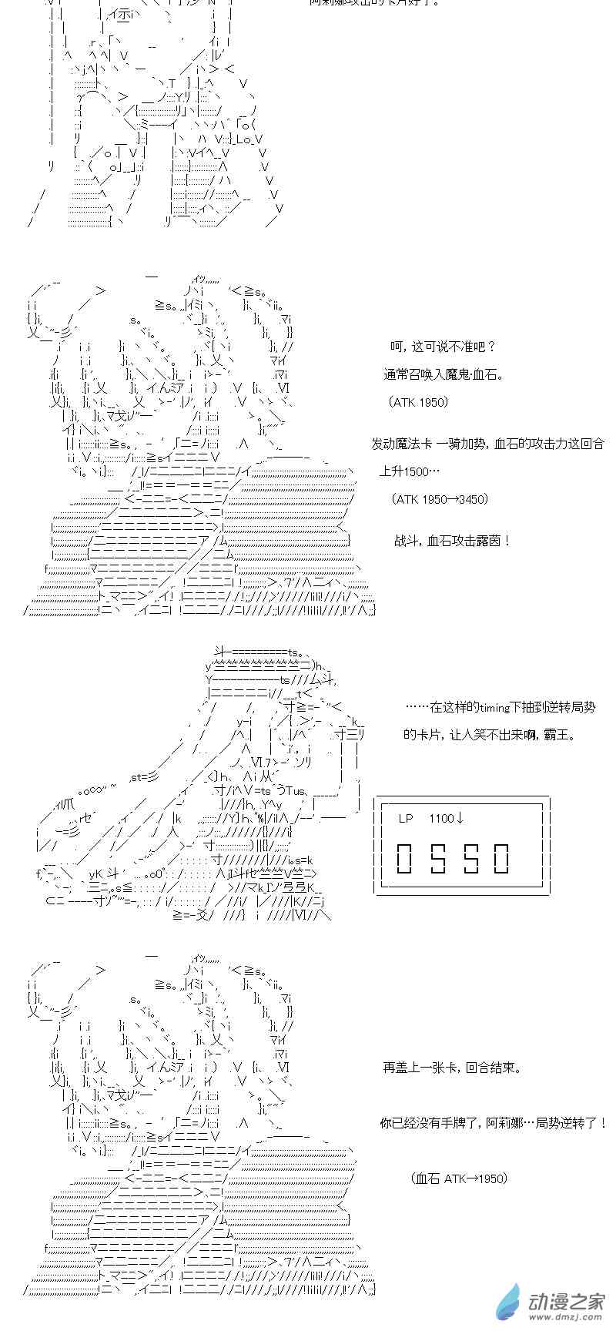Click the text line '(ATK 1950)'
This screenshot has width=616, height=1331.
pos(418,402)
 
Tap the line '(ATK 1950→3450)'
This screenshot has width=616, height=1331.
pos(440,499)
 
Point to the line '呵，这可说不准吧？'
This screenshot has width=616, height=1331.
pos(443,347)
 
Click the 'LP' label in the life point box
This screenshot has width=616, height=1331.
pos(406,818)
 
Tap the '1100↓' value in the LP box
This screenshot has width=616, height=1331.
pos(447,818)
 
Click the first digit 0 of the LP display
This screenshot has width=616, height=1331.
pos(406,858)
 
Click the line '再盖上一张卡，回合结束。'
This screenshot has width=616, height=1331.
pos(452,1068)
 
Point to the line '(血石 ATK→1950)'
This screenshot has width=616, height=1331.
pos(460,1178)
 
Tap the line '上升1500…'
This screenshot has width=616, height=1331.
pos(410,471)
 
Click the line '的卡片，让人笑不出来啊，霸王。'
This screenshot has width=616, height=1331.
pos(490,735)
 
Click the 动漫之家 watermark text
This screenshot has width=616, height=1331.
pos(566,1302)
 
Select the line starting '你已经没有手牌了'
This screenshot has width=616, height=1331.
pos(494,1123)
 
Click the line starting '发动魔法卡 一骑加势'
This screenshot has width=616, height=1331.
pos(487,444)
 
